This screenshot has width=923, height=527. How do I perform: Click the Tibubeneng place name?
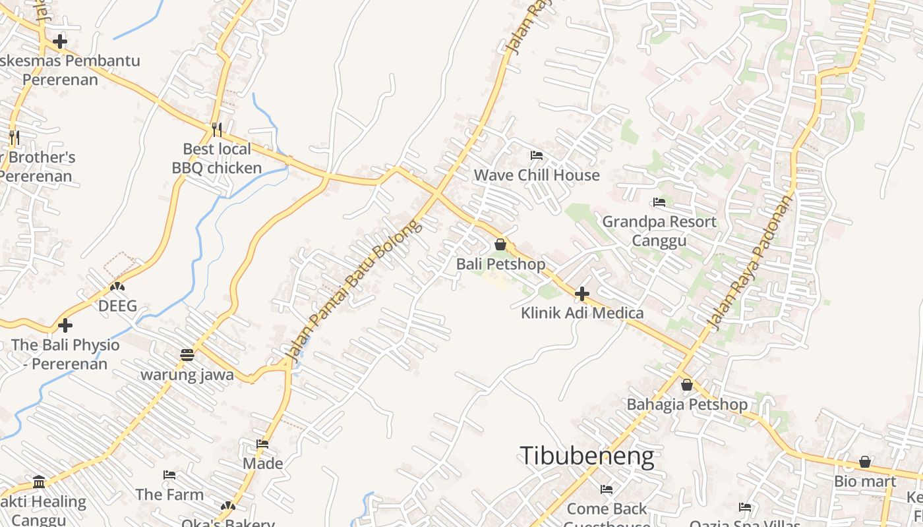[x=587, y=457]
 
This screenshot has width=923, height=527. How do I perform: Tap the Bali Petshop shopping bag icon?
[x=500, y=244]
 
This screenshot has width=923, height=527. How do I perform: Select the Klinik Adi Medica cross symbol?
[x=582, y=294]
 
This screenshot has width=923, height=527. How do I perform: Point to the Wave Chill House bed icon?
[x=537, y=156]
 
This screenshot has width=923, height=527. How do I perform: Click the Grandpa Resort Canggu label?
[x=659, y=231]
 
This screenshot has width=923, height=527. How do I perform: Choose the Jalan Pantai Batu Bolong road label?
[x=353, y=290]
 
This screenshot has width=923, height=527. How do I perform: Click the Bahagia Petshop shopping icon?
[x=687, y=385]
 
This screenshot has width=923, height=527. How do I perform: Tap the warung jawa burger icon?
[x=187, y=355]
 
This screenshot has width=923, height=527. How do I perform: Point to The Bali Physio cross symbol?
[x=65, y=325]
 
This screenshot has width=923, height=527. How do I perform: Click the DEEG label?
[x=117, y=306]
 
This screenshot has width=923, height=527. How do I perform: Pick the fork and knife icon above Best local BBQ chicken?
[x=216, y=129]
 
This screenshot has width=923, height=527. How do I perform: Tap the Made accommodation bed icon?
[x=262, y=444]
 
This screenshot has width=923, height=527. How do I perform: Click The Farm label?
[x=169, y=494]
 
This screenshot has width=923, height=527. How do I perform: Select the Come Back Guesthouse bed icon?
[x=607, y=489]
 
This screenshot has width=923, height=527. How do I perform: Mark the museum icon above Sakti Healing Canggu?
[x=39, y=482]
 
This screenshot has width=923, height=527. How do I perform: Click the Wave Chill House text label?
[x=537, y=175]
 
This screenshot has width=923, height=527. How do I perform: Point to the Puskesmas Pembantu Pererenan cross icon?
[x=60, y=42]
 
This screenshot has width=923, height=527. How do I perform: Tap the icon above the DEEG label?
[x=117, y=287]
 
